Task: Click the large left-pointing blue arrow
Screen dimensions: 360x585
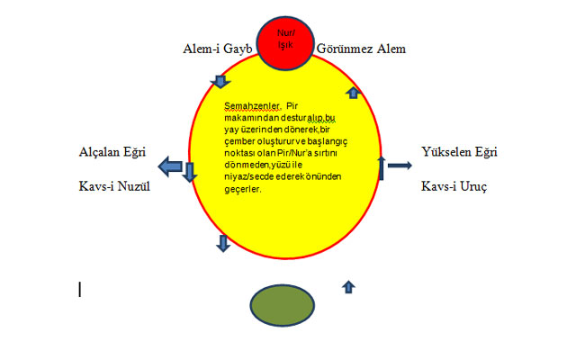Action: point(170,166)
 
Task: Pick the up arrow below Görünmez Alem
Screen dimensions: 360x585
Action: point(353,92)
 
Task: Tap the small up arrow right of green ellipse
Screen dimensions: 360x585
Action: point(349,287)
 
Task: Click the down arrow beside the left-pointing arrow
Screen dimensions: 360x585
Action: point(190,171)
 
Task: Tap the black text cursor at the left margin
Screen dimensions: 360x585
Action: point(80,289)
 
